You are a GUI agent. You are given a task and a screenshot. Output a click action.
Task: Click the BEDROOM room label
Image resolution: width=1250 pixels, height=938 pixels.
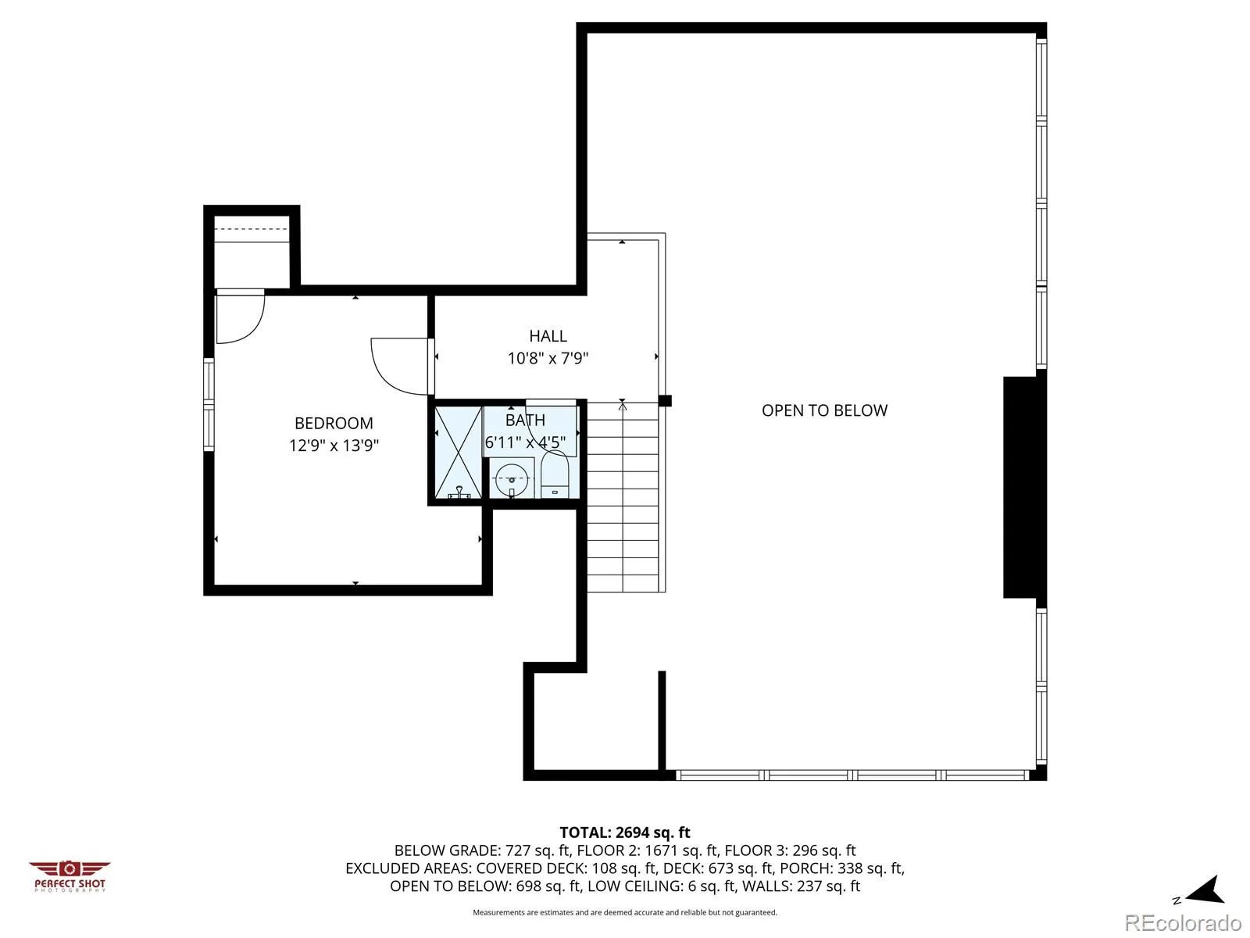(334, 423)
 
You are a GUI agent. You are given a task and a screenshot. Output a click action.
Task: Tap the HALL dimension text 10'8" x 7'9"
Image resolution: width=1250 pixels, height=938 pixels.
(548, 358)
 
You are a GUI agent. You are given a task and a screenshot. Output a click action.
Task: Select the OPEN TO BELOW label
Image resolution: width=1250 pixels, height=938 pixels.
(824, 410)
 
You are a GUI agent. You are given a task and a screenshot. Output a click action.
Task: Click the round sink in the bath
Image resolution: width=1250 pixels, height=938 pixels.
(512, 479)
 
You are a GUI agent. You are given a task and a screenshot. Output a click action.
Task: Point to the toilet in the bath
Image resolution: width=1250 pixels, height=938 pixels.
(554, 474)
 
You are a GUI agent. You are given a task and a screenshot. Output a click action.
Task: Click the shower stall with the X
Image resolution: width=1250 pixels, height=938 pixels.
(459, 453)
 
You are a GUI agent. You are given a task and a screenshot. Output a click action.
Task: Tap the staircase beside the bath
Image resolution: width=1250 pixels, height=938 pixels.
(623, 496)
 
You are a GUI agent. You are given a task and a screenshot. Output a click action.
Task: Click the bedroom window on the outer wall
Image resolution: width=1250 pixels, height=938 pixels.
(209, 404)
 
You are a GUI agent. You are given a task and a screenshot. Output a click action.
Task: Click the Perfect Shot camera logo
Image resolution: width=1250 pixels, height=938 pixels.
(70, 876)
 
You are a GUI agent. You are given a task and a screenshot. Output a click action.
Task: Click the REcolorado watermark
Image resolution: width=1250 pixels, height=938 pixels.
(1183, 922)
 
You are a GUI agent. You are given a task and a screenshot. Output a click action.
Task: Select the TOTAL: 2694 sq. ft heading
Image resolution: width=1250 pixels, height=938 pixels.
(625, 832)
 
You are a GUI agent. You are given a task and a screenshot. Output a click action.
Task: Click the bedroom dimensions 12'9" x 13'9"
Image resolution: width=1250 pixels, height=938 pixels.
(334, 445)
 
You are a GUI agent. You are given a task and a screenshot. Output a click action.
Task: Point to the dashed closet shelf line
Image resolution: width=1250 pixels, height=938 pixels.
(251, 229)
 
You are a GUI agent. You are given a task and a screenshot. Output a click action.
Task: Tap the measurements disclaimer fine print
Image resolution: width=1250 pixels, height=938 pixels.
(625, 912)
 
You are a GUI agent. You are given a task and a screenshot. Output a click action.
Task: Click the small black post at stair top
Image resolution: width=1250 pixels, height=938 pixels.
(665, 401)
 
